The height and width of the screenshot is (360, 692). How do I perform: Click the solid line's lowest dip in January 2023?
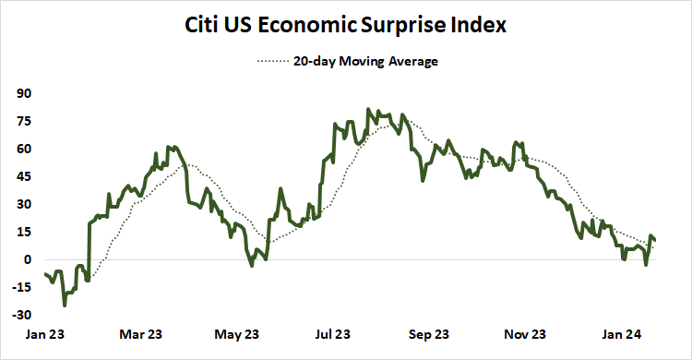[65, 305]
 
